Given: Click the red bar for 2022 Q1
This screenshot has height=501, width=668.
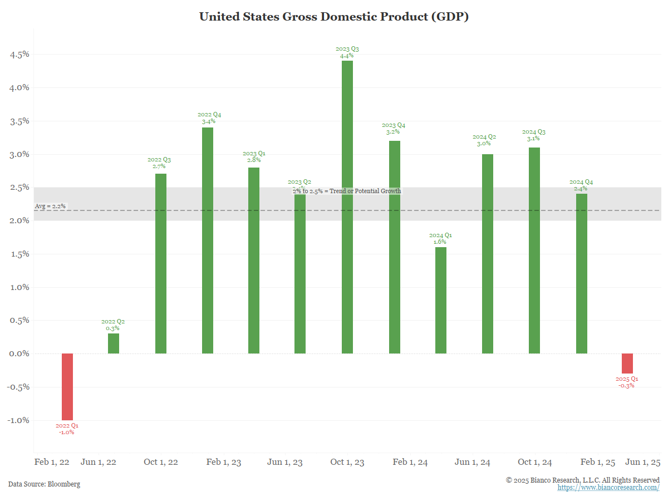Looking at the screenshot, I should click(x=67, y=387).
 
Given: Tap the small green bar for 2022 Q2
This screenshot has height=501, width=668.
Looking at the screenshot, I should click(x=114, y=343).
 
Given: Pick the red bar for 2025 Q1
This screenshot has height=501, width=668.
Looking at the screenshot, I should click(x=627, y=364).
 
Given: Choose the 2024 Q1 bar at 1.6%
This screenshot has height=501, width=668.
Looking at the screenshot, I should click(x=441, y=301).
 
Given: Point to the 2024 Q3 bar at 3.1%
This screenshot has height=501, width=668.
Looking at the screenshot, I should click(x=534, y=250).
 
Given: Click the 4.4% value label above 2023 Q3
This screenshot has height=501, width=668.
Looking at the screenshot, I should click(x=347, y=56).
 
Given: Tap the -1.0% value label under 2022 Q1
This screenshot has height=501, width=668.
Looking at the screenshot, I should click(x=67, y=432).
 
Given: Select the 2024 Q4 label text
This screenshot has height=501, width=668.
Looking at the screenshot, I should click(x=581, y=182).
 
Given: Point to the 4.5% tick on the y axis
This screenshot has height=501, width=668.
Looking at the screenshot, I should click(x=19, y=55).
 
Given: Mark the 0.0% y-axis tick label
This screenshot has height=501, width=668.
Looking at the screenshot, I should click(x=19, y=354).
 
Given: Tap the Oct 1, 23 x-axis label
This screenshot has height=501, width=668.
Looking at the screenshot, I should click(x=347, y=462).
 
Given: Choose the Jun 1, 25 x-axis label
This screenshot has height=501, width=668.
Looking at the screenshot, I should click(x=643, y=462).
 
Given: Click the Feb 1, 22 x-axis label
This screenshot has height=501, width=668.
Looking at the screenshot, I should click(x=52, y=462).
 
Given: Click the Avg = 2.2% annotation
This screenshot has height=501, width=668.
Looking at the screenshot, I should click(x=50, y=206).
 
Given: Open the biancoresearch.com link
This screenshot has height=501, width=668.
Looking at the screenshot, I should click(x=608, y=488).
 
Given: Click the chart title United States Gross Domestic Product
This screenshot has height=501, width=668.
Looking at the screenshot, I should click(x=334, y=17).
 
